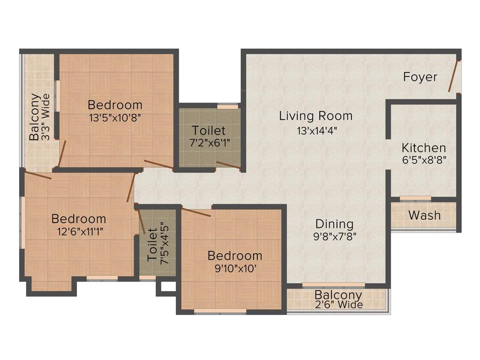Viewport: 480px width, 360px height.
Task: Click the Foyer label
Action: click(x=420, y=77)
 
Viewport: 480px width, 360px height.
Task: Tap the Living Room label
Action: click(x=315, y=115)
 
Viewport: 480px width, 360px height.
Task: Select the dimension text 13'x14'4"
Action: click(x=317, y=131)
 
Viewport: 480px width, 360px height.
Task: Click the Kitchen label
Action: click(x=424, y=148)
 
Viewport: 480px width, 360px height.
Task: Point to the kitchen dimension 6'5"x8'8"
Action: click(x=424, y=159)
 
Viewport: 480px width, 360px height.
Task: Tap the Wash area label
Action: click(x=424, y=215)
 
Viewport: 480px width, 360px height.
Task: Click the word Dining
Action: click(x=334, y=224)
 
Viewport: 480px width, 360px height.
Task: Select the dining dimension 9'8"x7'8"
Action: click(x=335, y=236)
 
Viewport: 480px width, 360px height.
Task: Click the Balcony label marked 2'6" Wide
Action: click(x=338, y=295)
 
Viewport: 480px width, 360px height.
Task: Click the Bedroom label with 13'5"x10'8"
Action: click(x=115, y=105)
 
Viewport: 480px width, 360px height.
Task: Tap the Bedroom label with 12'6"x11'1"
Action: click(x=79, y=218)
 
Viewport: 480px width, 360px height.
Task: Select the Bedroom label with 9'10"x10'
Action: click(x=235, y=255)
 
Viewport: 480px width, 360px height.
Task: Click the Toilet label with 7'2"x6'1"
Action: click(x=209, y=130)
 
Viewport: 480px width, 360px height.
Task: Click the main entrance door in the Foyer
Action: click(x=453, y=76)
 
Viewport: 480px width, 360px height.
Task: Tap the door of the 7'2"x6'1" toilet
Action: click(x=228, y=165)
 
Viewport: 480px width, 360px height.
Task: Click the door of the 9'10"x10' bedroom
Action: click(x=196, y=212)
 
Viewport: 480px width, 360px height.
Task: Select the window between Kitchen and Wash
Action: click(x=415, y=198)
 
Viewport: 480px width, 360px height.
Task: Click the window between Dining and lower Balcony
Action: click(x=333, y=285)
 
